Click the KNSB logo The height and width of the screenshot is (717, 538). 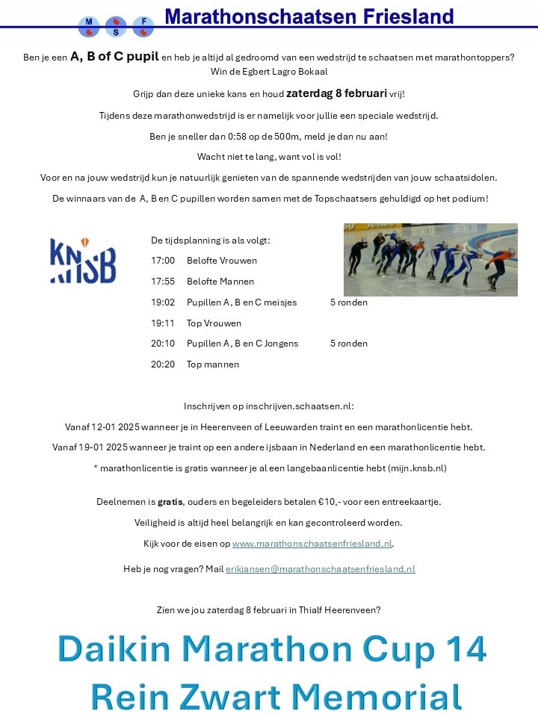(83, 261)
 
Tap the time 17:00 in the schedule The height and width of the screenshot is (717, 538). (163, 261)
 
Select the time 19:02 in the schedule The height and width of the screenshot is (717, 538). (163, 302)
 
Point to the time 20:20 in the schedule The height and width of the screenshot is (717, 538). (163, 364)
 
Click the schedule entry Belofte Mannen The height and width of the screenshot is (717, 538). (220, 282)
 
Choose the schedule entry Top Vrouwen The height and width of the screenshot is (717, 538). (214, 323)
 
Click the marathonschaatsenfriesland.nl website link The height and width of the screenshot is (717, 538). (312, 544)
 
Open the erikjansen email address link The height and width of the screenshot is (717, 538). (321, 569)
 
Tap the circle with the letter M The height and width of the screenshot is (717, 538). (89, 27)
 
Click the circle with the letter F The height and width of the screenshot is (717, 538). (143, 27)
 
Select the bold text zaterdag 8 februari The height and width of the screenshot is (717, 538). (336, 93)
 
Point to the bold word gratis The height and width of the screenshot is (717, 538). (170, 502)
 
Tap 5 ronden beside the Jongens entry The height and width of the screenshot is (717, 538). (348, 344)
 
